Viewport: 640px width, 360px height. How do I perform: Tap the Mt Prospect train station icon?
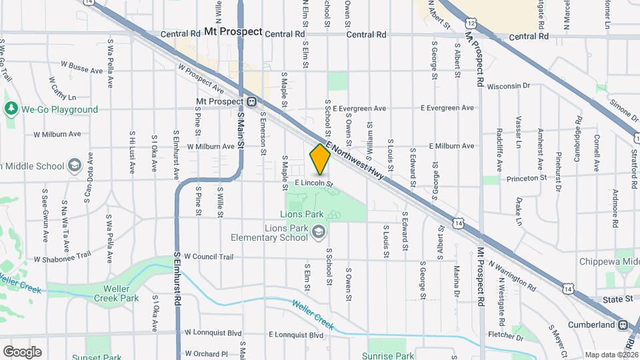click(x=252, y=102)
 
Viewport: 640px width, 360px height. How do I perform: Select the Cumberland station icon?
click(x=623, y=325)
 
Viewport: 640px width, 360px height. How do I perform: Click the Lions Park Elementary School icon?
click(x=319, y=231)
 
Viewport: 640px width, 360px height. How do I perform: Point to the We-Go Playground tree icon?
click(x=11, y=109)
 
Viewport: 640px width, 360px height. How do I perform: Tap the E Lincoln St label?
click(x=313, y=182)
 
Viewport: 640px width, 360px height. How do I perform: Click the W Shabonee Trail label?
click(x=62, y=258)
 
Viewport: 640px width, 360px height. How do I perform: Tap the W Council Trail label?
click(x=209, y=256)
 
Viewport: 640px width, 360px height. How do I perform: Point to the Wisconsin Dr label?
click(x=508, y=86)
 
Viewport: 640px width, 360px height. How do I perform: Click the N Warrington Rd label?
click(x=512, y=275)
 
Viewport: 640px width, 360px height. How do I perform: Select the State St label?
click(x=618, y=300)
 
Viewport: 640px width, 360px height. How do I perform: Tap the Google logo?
click(x=22, y=352)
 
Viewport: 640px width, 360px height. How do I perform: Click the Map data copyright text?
click(x=610, y=355)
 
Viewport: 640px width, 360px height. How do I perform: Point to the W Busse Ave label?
click(x=81, y=67)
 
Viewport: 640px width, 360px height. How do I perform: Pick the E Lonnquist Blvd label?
click(x=295, y=335)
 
